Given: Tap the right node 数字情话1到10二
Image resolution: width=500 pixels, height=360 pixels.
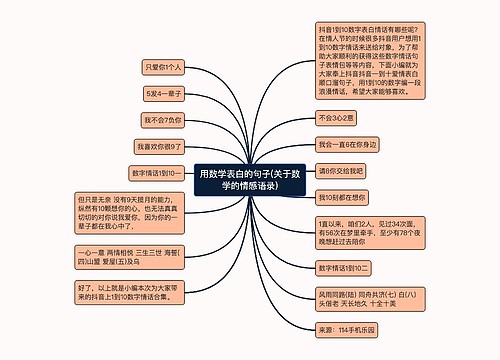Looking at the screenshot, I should coord(345,269).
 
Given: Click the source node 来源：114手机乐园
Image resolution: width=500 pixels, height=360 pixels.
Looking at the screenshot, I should coord(351,329).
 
